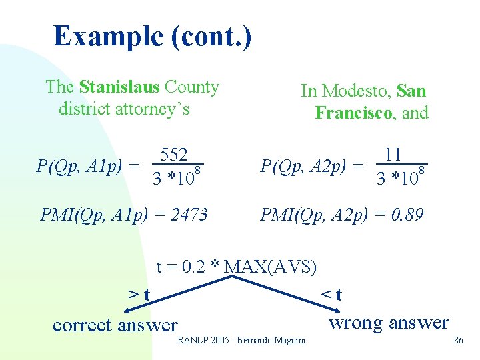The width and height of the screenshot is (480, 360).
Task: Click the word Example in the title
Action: pos(107,35)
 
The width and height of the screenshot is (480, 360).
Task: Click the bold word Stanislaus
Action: pos(119,87)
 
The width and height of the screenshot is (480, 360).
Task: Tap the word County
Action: pos(192,87)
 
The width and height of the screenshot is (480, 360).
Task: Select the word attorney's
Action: pos(154,109)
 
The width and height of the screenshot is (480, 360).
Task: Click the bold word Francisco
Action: pos(353,113)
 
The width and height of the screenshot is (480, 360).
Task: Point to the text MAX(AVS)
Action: pos(271,267)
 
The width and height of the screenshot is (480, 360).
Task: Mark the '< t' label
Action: pos(331,294)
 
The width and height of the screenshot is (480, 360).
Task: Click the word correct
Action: pos(82,325)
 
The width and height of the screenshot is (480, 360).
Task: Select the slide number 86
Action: pos(458,341)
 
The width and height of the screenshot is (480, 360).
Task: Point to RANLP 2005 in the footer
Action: pos(202,341)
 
